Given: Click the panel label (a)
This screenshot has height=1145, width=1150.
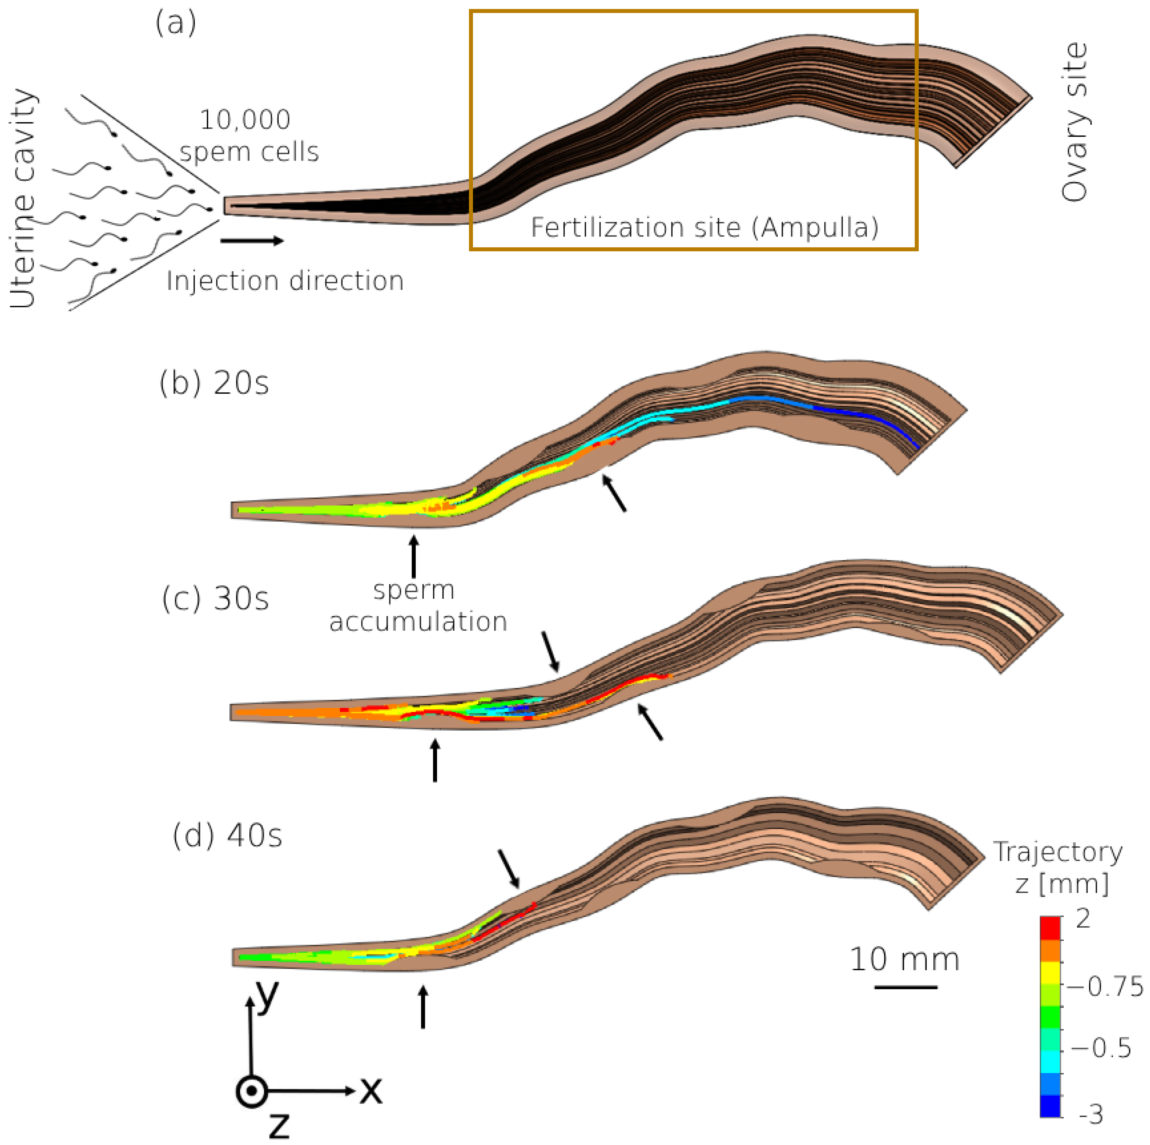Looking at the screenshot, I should pos(176,24).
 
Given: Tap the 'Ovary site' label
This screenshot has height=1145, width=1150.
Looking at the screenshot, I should pos(1075,122).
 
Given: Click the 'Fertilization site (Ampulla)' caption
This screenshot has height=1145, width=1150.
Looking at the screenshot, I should pos(704,227).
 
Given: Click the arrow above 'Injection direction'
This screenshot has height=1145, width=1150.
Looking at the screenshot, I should pos(252,241).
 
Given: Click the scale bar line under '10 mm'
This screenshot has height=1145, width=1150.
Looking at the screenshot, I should pos(906,987).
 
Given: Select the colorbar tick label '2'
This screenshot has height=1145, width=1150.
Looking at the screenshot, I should pos(1083,919).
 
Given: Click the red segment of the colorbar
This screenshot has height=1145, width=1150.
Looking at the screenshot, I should pos(1050,927).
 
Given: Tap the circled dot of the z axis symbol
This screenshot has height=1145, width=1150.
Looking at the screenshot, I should pos(252,1091).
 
